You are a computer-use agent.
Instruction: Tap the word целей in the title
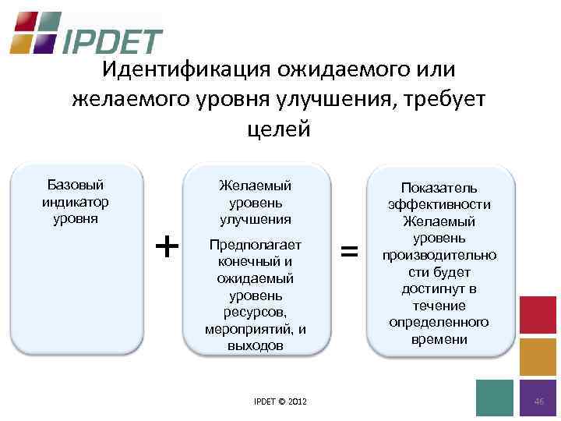point(278,128)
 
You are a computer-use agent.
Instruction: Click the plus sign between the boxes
point(167,247)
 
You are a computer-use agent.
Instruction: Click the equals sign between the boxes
point(351,250)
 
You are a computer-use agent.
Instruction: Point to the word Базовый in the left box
point(76,185)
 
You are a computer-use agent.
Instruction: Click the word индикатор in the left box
point(76,201)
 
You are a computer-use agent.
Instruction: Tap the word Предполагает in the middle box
point(255,245)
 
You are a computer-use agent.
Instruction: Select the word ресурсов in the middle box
point(255,313)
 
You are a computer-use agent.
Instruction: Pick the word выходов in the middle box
point(255,346)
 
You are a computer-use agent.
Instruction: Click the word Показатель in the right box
point(439,188)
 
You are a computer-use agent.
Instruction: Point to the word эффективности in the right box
point(439,204)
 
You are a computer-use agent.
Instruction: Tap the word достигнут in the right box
point(439,288)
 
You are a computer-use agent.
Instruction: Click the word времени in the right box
point(439,339)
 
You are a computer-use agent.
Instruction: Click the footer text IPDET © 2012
point(280,402)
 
